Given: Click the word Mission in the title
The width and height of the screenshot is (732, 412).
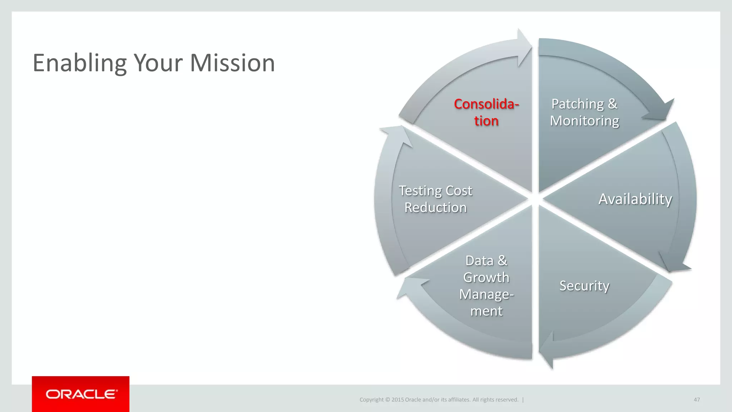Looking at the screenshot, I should point(232,63).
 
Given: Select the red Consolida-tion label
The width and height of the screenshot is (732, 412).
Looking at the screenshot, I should point(486,112).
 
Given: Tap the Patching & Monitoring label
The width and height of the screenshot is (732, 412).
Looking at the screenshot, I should point(584,112).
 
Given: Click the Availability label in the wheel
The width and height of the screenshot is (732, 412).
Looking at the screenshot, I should point(635,199).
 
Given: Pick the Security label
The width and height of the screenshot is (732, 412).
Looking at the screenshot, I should point(584,286).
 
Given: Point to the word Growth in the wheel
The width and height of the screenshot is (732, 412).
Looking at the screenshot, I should point(486,278).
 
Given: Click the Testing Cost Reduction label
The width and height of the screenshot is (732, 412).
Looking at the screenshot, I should point(435,199).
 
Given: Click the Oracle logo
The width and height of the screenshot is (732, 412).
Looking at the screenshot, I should point(81,394).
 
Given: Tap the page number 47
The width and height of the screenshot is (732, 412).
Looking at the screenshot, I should point(697,399).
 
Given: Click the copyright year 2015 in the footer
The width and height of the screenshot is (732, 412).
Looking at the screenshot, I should point(397,399).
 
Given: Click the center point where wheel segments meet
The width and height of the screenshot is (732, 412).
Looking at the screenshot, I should point(535,199).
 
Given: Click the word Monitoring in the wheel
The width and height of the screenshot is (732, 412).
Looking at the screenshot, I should point(584,121).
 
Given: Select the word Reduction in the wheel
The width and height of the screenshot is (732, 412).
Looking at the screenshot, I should point(435,208).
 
